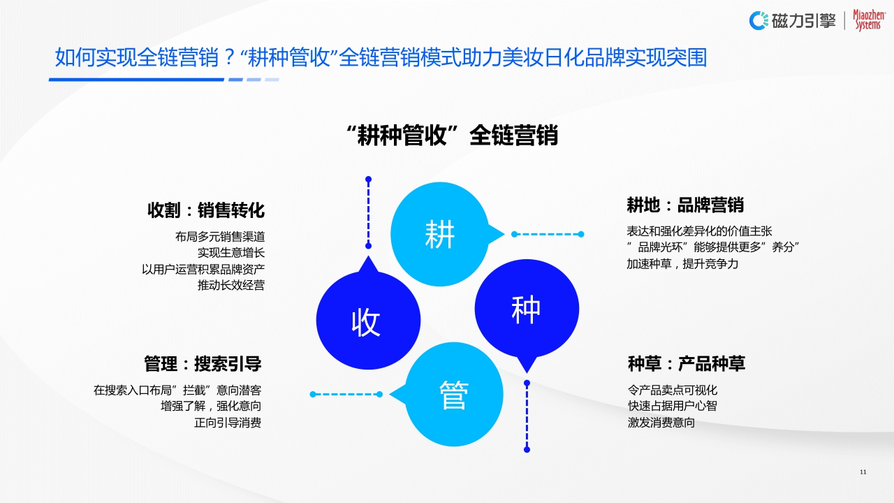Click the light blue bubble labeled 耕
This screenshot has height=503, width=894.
[439, 234]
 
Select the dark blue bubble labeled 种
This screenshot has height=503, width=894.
[527, 309]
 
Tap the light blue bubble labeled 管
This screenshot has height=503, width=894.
[454, 395]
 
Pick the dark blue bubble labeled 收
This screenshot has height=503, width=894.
[367, 321]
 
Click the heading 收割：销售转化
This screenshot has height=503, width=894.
[206, 210]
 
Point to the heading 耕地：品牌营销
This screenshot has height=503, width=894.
[685, 205]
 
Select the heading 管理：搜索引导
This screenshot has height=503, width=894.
[203, 364]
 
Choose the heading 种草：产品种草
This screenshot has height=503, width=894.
[687, 364]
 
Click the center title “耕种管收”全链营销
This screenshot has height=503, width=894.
[452, 135]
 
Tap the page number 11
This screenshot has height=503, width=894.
[863, 472]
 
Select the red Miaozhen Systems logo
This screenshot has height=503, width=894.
[867, 20]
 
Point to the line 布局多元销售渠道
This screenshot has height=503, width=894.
[220, 237]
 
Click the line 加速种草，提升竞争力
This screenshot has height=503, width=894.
[682, 264]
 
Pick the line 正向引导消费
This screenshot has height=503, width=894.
[228, 423]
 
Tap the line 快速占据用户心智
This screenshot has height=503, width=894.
[672, 406]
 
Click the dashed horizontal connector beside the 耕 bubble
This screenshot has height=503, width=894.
[548, 234]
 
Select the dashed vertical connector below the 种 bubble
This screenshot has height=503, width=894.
[527, 416]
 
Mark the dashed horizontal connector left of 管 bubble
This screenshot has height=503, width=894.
[346, 395]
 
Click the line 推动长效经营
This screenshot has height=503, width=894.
[231, 285]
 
